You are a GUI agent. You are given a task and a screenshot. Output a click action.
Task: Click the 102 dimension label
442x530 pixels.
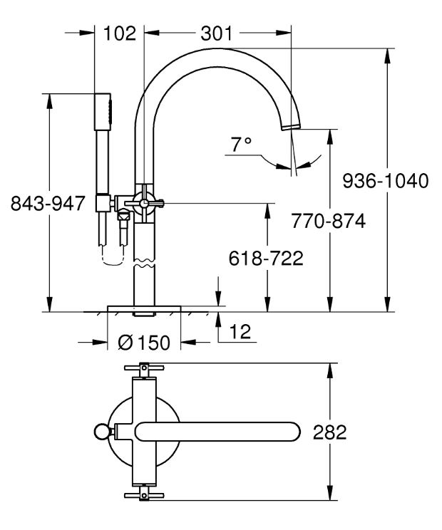pyautogui.click(x=120, y=33)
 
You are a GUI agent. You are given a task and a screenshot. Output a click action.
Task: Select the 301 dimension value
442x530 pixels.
pyautogui.click(x=217, y=33)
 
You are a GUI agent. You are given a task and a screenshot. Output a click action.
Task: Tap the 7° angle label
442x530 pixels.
pyautogui.click(x=241, y=145)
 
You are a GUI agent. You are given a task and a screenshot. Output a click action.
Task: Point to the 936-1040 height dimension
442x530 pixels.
pyautogui.click(x=386, y=181)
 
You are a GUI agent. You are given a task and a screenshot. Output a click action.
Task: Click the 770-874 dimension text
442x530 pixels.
pyautogui.click(x=329, y=221)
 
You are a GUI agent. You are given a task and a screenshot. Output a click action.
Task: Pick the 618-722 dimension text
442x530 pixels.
pyautogui.click(x=266, y=259)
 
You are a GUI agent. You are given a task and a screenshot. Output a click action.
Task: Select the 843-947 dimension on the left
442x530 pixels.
pyautogui.click(x=47, y=203)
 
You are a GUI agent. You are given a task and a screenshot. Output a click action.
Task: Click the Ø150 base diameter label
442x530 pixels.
pyautogui.click(x=144, y=343)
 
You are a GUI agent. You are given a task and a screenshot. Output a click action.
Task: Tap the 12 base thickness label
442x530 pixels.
pyautogui.click(x=240, y=331)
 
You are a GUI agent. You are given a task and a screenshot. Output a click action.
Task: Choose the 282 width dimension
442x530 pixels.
pyautogui.click(x=330, y=432)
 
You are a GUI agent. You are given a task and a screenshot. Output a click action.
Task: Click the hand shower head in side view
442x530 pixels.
pyautogui.click(x=103, y=111)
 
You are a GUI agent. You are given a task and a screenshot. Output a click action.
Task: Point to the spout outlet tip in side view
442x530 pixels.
pyautogui.click(x=291, y=127)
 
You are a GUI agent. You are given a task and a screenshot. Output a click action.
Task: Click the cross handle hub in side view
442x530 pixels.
pyautogui.click(x=144, y=203)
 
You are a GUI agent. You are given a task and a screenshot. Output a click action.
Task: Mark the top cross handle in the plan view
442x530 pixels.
pyautogui.click(x=144, y=367)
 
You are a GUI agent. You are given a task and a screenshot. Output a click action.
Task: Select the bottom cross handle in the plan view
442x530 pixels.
pyautogui.click(x=144, y=496)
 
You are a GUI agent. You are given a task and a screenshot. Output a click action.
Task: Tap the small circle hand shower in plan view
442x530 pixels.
pyautogui.click(x=101, y=432)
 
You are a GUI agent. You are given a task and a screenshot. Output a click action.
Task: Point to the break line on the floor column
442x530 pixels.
pyautogui.click(x=145, y=263)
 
